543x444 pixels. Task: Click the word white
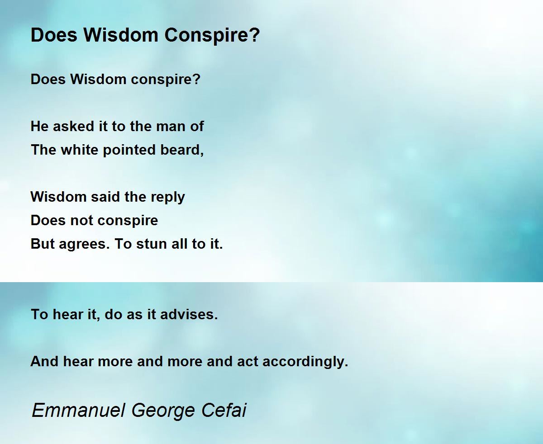pyautogui.click(x=80, y=150)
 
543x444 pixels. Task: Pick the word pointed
pyautogui.click(x=129, y=150)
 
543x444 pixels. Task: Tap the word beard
pyautogui.click(x=180, y=150)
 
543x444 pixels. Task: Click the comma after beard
pyautogui.click(x=202, y=154)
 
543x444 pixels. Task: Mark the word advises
pyautogui.click(x=189, y=314)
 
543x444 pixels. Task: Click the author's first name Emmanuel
pyautogui.click(x=79, y=410)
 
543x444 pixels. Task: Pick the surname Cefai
pyautogui.click(x=224, y=410)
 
